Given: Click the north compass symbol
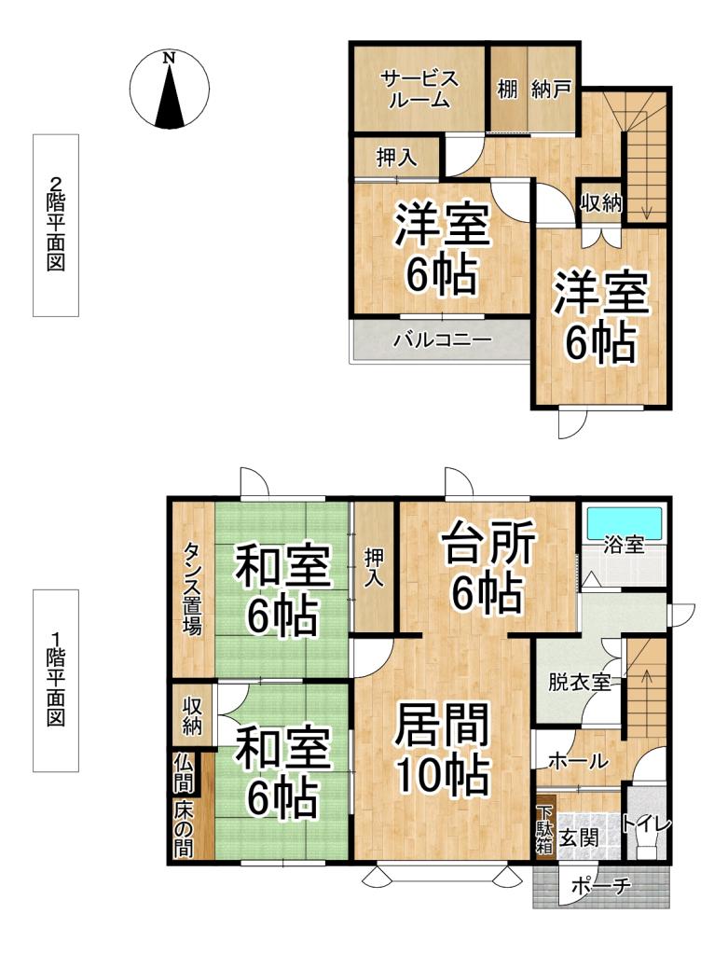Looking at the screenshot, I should (x=169, y=89).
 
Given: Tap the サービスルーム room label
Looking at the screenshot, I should (x=419, y=90).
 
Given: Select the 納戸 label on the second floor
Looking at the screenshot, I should (x=552, y=91).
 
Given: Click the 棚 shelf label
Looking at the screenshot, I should (x=507, y=91).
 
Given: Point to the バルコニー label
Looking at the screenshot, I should (x=442, y=340).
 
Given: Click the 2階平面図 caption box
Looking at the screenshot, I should (x=56, y=225).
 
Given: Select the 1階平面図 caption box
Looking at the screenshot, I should (x=56, y=680).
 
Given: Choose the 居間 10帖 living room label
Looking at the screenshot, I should (x=442, y=749).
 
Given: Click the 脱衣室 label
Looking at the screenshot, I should (x=579, y=681).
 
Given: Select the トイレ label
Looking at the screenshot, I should (x=646, y=824).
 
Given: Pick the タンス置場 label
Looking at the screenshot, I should (x=191, y=589).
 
